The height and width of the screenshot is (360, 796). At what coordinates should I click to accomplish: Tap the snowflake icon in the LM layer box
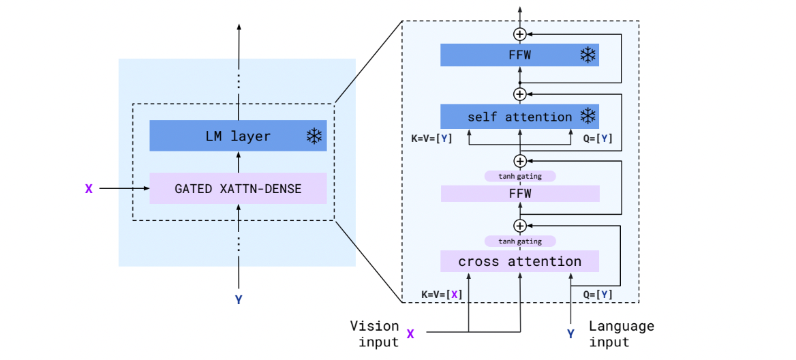click(x=313, y=136)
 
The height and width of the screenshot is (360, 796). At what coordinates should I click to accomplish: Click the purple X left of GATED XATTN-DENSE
click(x=89, y=188)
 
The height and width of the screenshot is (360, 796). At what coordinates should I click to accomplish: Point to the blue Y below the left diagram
click(x=239, y=299)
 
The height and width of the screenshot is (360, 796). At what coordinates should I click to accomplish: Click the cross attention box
click(x=519, y=261)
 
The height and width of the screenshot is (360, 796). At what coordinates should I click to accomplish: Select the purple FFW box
click(x=519, y=194)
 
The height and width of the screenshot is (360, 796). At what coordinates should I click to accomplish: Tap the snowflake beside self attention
click(x=587, y=117)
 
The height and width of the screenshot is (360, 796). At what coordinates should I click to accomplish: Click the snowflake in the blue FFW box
click(x=587, y=55)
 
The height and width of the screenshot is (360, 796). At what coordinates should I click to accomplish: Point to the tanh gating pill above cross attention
click(x=520, y=241)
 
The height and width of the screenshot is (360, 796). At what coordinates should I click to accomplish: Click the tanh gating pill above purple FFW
click(x=520, y=176)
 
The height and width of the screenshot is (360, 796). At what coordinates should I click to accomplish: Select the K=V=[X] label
click(x=442, y=295)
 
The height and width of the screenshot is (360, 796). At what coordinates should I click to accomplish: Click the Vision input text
click(x=374, y=334)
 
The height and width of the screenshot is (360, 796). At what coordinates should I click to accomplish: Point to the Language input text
click(x=621, y=334)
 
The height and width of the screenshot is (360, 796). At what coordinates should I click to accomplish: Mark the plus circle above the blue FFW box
click(x=520, y=33)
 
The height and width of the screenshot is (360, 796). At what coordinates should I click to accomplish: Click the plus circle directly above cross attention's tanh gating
click(x=520, y=225)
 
